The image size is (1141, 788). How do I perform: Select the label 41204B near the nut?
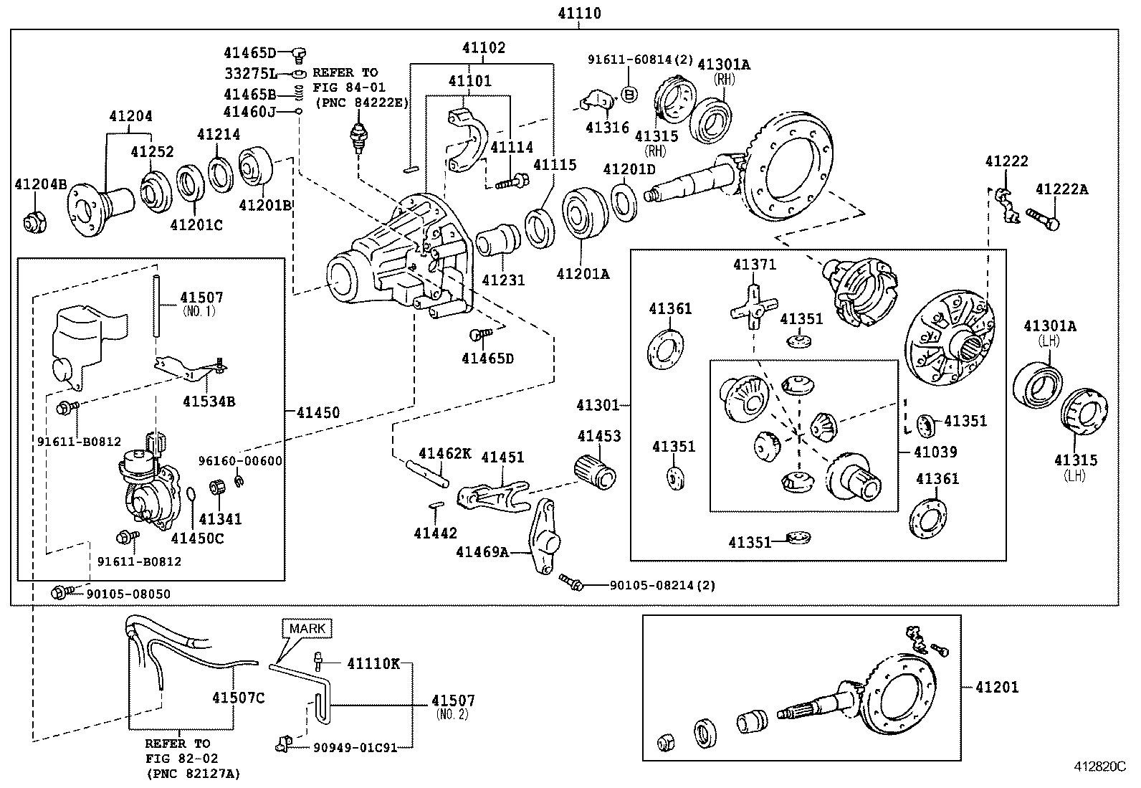click(41, 185)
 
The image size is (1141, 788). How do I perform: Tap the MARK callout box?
click(307, 629)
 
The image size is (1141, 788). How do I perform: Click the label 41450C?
click(197, 538)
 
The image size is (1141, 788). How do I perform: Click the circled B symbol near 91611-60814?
click(629, 94)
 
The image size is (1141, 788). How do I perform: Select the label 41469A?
click(482, 551)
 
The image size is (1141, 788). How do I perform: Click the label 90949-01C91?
click(355, 747)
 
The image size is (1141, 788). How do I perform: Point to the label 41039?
click(935, 452)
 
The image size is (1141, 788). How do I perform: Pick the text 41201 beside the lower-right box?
click(997, 687)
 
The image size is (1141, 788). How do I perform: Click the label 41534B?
click(209, 402)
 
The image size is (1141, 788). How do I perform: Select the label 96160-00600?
click(240, 461)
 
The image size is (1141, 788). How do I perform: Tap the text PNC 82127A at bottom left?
click(192, 773)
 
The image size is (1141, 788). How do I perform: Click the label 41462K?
click(445, 453)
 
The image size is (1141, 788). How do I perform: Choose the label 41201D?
click(629, 169)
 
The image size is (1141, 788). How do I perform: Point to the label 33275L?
click(249, 73)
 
